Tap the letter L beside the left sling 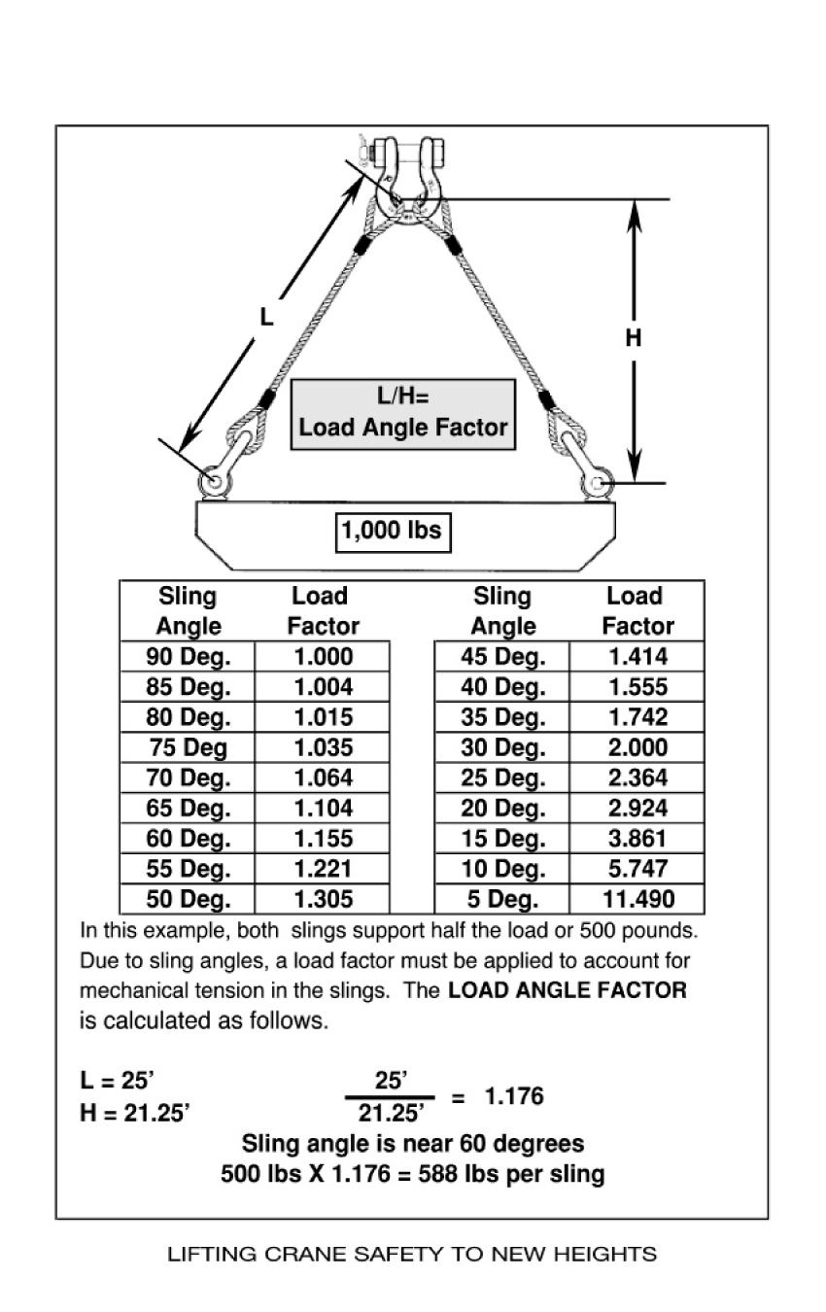point(265,317)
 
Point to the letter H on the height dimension point(634,338)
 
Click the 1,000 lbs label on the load point(392,531)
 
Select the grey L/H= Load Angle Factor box point(403,414)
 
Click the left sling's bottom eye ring point(213,481)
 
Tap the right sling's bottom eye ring point(597,481)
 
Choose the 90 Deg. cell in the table point(188,656)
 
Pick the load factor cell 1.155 point(323,838)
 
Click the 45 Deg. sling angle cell point(501,656)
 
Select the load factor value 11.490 point(637,898)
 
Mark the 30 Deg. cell point(501,747)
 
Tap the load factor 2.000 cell point(637,747)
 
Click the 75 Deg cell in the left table point(188,747)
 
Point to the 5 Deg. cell point(501,898)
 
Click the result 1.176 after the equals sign point(514,1097)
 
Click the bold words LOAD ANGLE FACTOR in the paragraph point(567,991)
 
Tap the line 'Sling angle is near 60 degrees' point(413,1143)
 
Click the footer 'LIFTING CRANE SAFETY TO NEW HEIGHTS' point(412,1254)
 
